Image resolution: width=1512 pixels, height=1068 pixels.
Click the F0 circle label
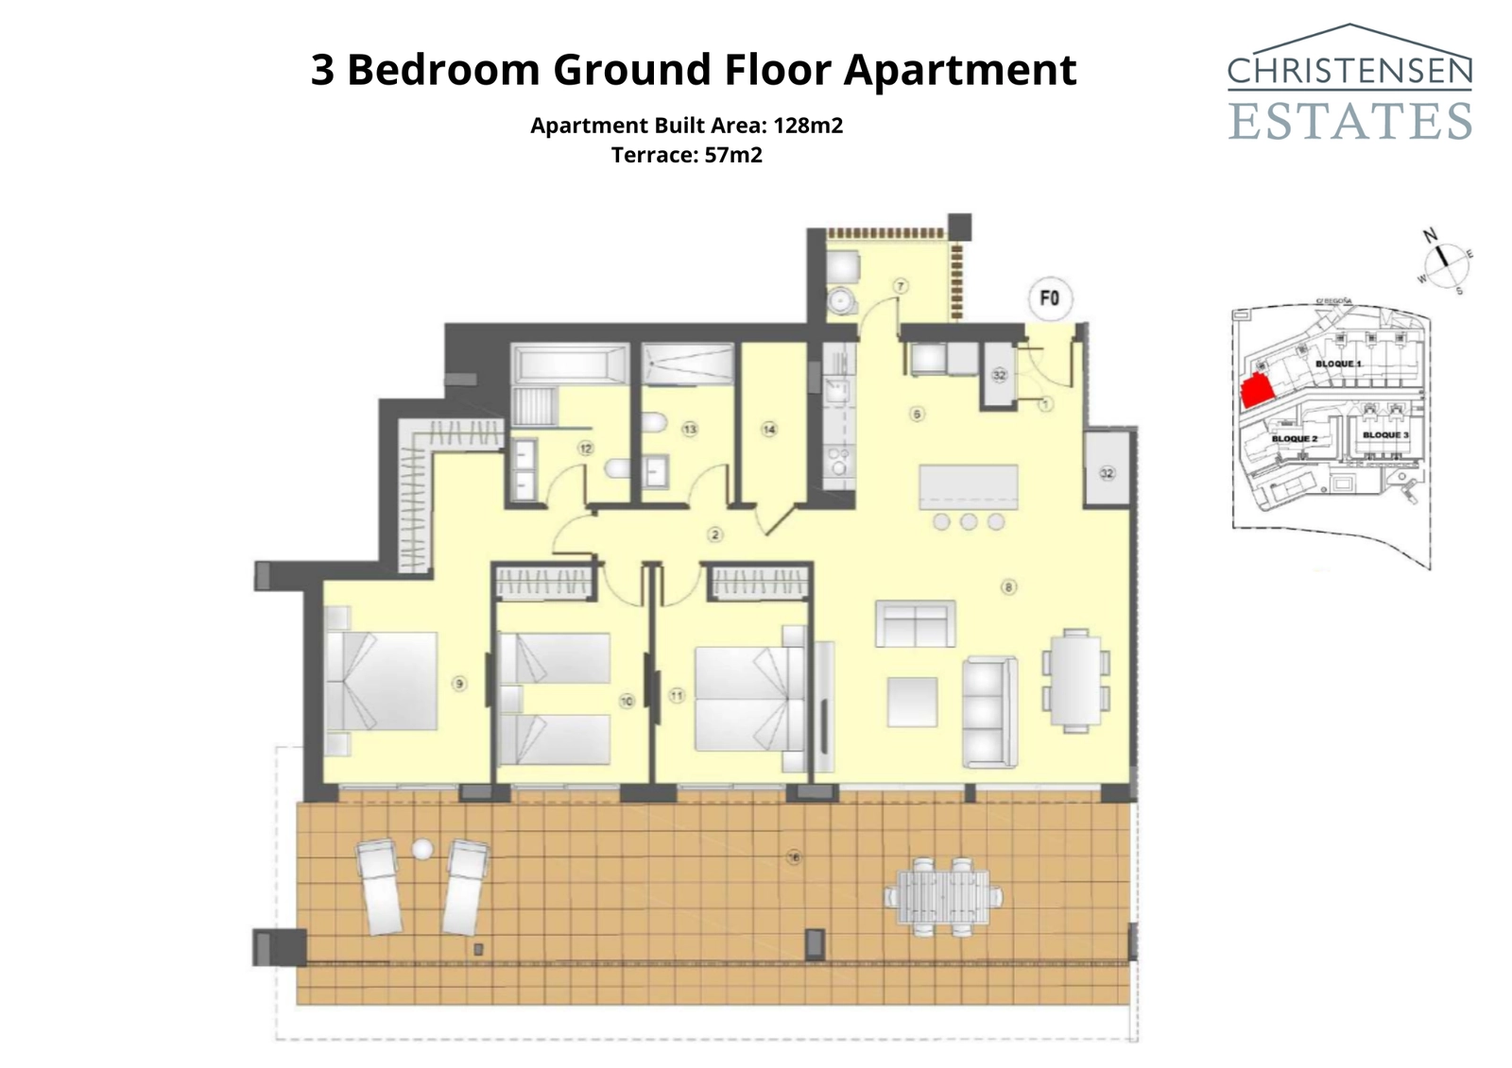[x=1049, y=298]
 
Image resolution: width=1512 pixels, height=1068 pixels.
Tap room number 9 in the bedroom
[x=459, y=684]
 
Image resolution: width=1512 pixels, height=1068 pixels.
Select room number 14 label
[x=769, y=430]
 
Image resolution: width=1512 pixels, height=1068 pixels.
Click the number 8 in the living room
[x=1009, y=587]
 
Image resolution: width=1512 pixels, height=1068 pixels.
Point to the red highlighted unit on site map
[x=1256, y=390]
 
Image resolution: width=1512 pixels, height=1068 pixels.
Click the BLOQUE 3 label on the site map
[x=1385, y=435]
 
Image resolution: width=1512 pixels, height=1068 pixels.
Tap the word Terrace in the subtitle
[x=654, y=155]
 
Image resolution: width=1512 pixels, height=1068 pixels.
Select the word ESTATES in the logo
[x=1349, y=121]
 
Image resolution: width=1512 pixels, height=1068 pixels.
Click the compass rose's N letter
[x=1431, y=235]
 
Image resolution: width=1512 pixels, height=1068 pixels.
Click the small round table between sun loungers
[x=422, y=850]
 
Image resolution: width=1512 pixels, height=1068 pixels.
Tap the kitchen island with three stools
[x=969, y=486]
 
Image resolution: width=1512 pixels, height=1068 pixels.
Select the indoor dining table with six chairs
[x=1076, y=681]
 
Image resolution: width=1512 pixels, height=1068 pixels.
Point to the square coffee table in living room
[x=912, y=703]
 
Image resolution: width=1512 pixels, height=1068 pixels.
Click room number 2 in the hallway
[x=715, y=535]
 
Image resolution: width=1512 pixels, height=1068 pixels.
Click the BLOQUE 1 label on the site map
[x=1338, y=364]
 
